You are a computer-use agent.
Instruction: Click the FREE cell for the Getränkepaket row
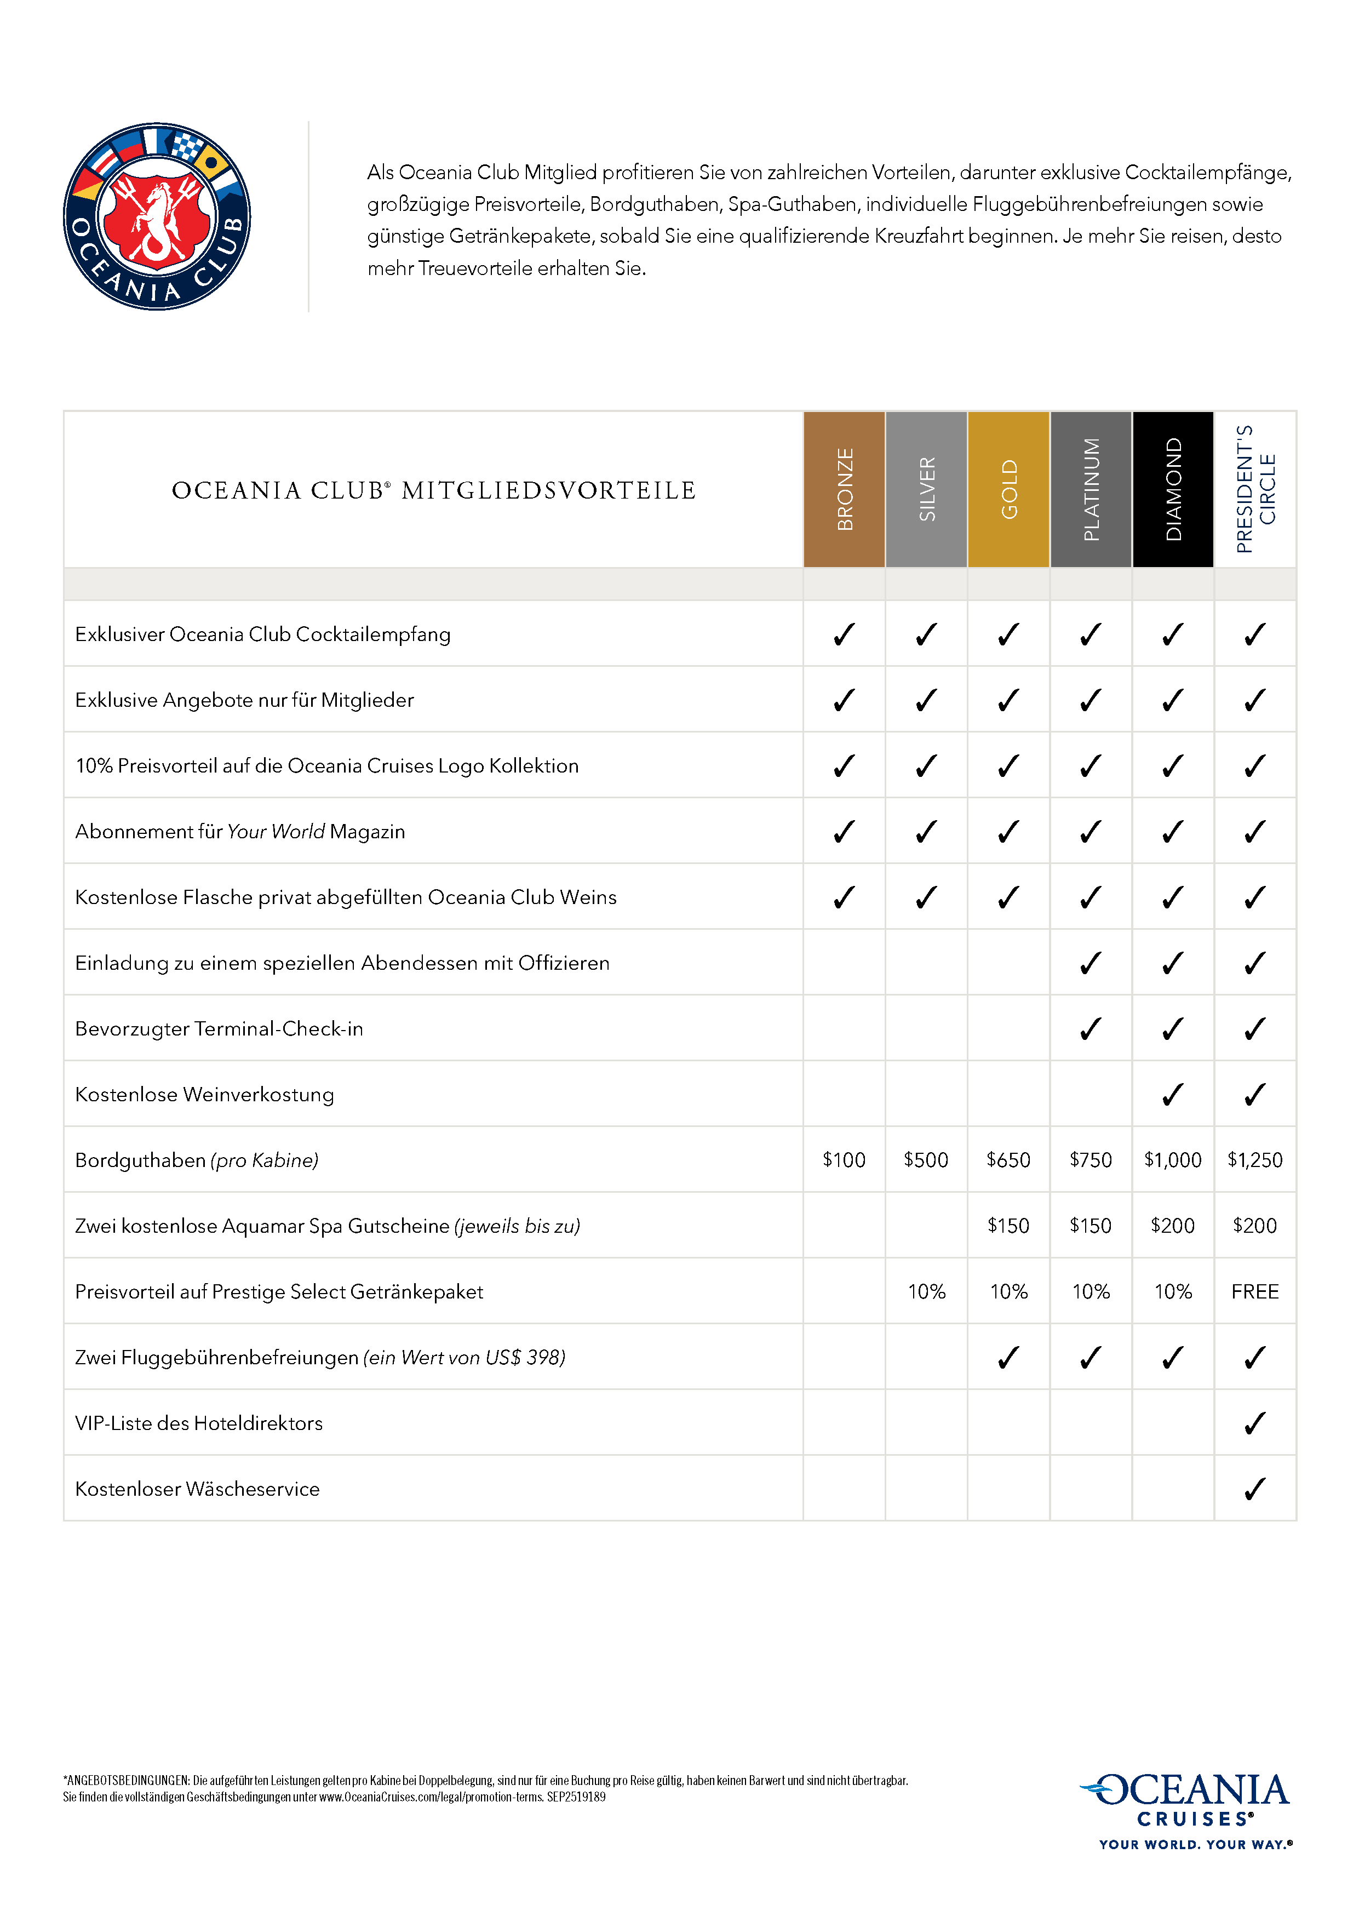[1254, 1292]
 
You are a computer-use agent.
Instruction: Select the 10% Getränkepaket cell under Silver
[926, 1292]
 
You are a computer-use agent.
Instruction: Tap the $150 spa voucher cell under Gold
[1008, 1226]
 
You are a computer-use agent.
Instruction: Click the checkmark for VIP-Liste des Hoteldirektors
[1254, 1423]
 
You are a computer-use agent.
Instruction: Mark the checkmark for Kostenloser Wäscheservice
[1254, 1489]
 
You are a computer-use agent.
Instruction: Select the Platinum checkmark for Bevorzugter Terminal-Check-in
[1091, 1029]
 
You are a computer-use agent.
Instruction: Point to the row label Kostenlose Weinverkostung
[205, 1095]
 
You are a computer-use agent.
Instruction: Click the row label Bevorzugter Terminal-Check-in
[219, 1029]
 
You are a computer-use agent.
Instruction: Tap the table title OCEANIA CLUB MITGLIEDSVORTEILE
[433, 490]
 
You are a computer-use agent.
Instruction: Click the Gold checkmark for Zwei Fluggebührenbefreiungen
[1008, 1358]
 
